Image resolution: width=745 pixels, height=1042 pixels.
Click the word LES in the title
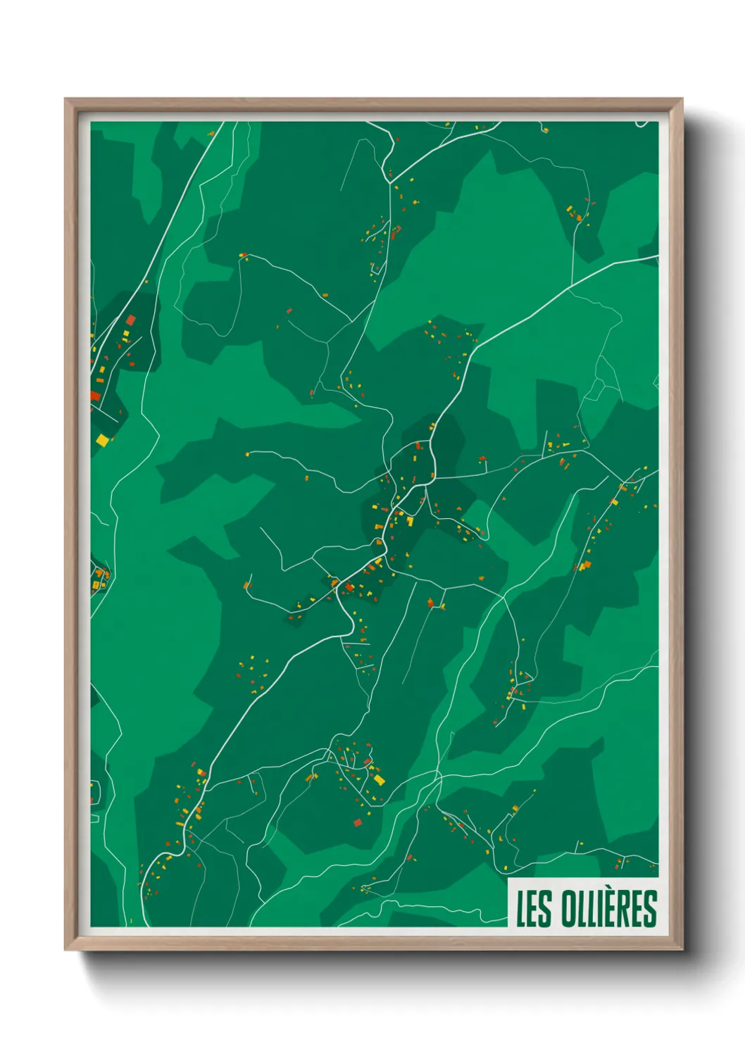point(534,908)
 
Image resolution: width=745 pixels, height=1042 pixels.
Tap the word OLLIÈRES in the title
point(609,908)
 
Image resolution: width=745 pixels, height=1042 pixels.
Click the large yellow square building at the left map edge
point(103,440)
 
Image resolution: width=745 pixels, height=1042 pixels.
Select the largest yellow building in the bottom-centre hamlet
point(379,779)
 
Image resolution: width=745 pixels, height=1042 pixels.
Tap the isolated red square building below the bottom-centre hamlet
point(357,822)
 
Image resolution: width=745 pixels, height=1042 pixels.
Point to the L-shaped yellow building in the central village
point(410,521)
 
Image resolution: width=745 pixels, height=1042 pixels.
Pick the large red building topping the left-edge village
point(130,320)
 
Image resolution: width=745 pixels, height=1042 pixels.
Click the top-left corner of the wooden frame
point(65,99)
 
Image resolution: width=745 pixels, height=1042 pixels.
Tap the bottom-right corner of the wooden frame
point(682,950)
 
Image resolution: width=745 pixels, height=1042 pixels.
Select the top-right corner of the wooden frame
point(682,99)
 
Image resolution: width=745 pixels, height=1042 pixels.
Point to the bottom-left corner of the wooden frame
point(65,950)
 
